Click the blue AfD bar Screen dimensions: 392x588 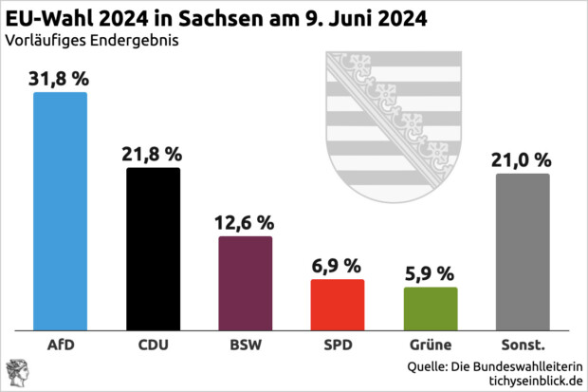[60, 211]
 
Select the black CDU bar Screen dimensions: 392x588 [153, 249]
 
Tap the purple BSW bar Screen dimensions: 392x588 [246, 283]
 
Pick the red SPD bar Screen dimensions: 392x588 [338, 305]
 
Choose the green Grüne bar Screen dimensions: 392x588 [431, 308]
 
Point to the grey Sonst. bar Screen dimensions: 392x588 [523, 252]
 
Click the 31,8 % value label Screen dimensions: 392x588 [60, 78]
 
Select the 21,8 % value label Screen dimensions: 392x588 [153, 154]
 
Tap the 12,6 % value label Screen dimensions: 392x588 [246, 222]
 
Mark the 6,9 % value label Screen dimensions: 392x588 [338, 266]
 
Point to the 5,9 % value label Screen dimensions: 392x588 [431, 273]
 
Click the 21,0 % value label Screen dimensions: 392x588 [523, 159]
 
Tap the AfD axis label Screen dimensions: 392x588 [60, 345]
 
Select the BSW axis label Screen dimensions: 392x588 [246, 345]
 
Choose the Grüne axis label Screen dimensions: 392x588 [431, 345]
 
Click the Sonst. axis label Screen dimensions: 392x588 [523, 345]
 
